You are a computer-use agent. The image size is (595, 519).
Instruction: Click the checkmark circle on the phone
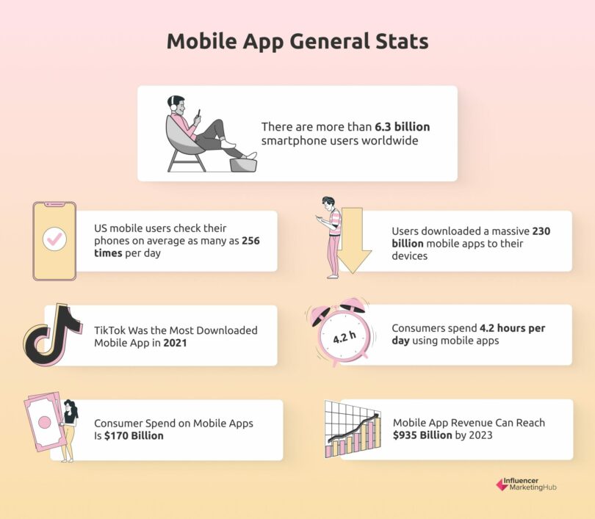click(x=54, y=239)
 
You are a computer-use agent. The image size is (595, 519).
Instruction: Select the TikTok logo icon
click(x=52, y=335)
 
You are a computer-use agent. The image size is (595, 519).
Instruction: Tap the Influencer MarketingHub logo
click(x=526, y=485)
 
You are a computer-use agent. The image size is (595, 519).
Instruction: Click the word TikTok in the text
click(x=110, y=331)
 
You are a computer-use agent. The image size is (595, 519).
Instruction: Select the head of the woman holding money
click(x=71, y=406)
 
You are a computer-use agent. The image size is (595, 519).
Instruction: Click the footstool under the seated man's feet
click(x=243, y=164)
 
